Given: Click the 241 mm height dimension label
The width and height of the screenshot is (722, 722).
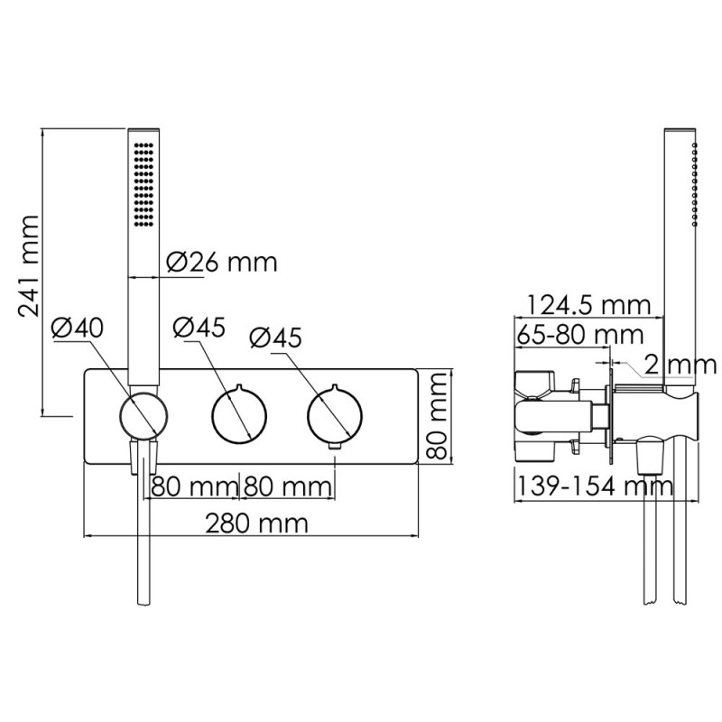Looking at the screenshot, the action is [29, 265].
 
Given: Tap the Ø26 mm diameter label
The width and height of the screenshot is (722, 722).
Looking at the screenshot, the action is [222, 263].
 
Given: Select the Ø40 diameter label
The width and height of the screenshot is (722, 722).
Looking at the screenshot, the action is [78, 328].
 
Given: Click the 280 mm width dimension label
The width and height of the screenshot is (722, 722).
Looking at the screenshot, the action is [256, 523].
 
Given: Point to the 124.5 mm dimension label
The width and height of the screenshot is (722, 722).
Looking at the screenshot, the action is [588, 305].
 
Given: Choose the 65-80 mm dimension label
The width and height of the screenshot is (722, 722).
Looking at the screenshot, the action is [579, 335].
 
